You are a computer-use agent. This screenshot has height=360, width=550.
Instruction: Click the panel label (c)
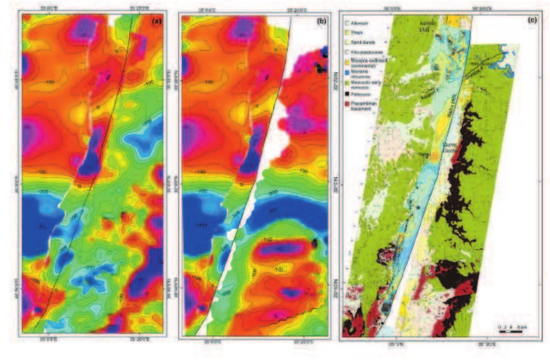click(532, 20)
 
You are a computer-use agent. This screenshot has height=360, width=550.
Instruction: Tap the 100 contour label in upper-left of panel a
click(49, 82)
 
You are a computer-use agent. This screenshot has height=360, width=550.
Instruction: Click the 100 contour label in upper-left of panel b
click(209, 82)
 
